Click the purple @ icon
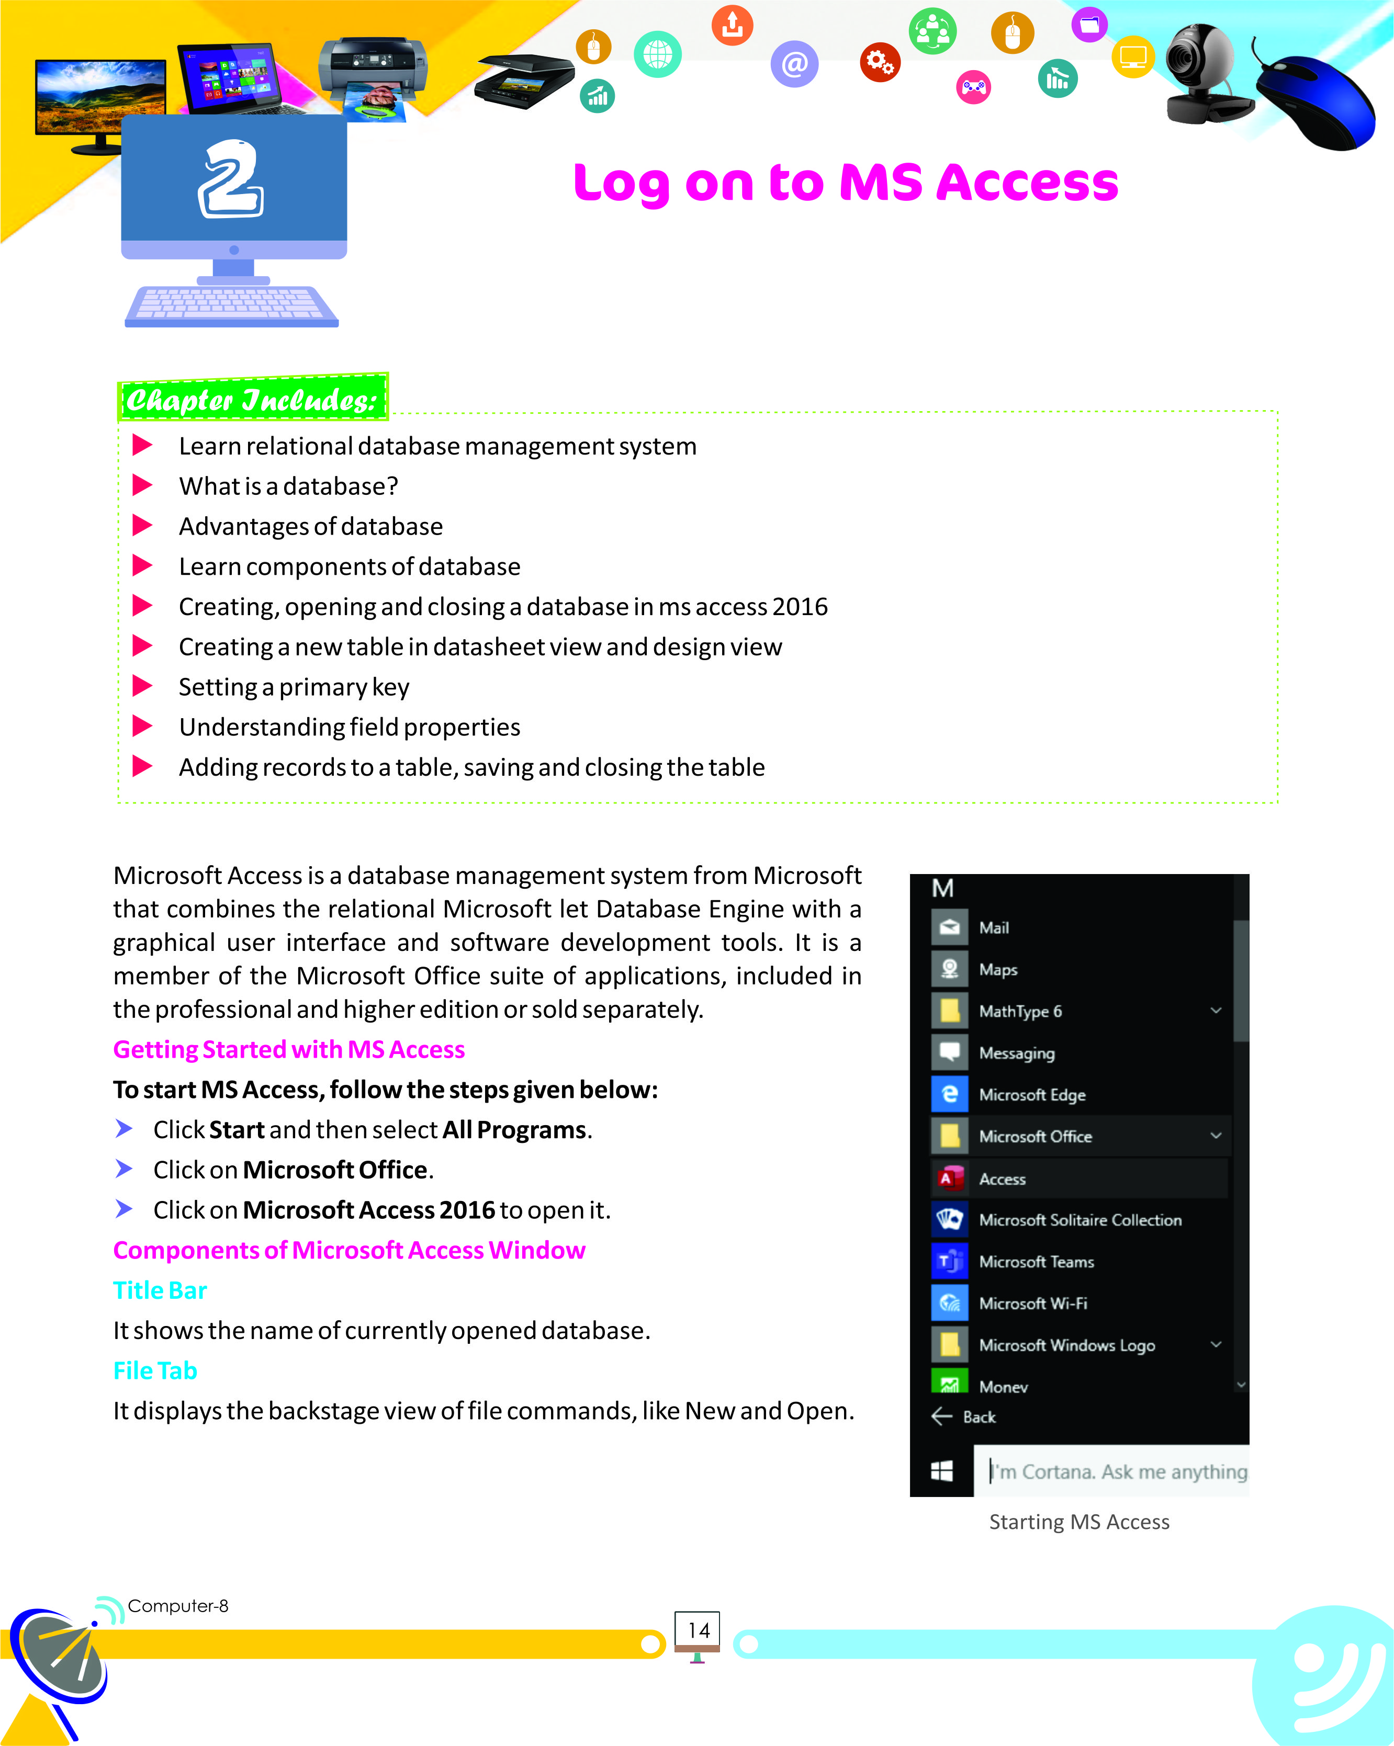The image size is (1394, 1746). pyautogui.click(x=794, y=63)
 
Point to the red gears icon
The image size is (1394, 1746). pyautogui.click(x=879, y=62)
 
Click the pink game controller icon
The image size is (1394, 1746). pyautogui.click(x=973, y=87)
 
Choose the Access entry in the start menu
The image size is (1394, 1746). pyautogui.click(x=1002, y=1179)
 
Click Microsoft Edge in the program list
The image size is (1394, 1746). pyautogui.click(x=1032, y=1095)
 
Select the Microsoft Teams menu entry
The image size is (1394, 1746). pyautogui.click(x=1036, y=1262)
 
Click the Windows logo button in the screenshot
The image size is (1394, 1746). pyautogui.click(x=942, y=1471)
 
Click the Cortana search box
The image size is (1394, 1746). pyautogui.click(x=1118, y=1471)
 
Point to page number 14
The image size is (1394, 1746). pyautogui.click(x=698, y=1630)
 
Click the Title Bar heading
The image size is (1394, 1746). pyautogui.click(x=160, y=1290)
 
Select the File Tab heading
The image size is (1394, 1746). pyautogui.click(x=155, y=1370)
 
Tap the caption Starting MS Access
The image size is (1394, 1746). pyautogui.click(x=1079, y=1522)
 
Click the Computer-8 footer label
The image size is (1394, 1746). pyautogui.click(x=178, y=1606)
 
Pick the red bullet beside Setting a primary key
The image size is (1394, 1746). pyautogui.click(x=142, y=686)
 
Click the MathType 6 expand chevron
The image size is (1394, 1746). pyautogui.click(x=1216, y=1010)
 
